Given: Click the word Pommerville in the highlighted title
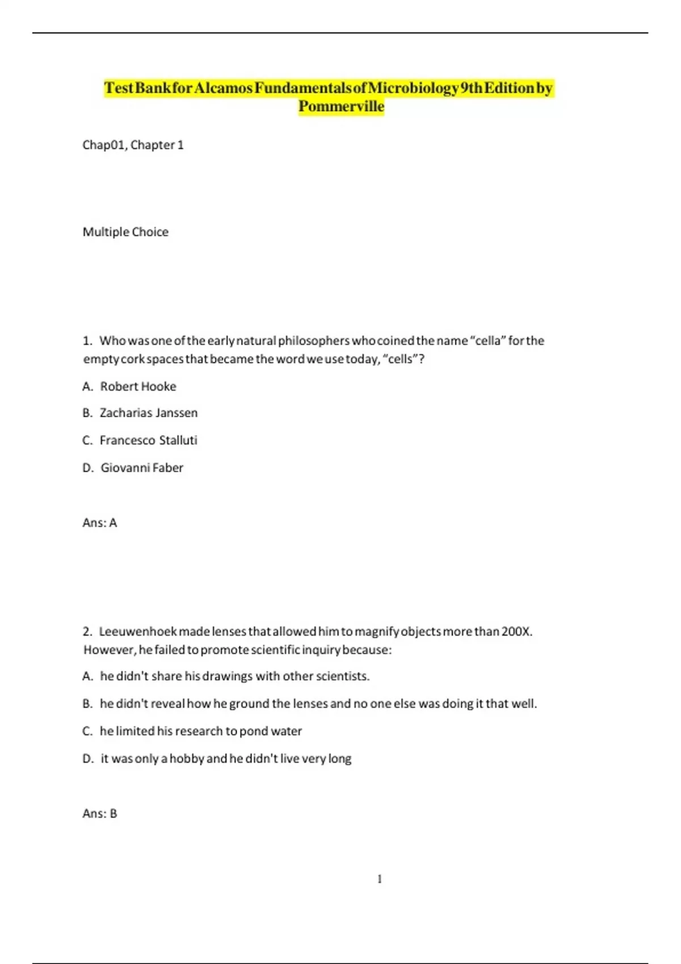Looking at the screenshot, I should (x=341, y=107).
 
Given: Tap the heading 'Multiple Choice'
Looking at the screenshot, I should (x=125, y=232).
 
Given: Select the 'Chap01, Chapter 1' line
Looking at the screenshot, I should (x=133, y=145).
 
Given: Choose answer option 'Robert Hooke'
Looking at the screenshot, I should (x=138, y=387).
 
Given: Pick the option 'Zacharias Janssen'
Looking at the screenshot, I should (x=148, y=413).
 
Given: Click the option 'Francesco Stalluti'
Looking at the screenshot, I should (x=148, y=441).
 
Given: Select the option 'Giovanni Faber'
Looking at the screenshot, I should (x=142, y=468).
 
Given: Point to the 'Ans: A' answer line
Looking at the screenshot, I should (x=99, y=523).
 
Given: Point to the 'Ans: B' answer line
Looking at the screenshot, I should (x=99, y=814).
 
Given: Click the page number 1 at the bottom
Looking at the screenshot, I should (x=380, y=880).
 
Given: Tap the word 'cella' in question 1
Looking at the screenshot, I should (x=487, y=341).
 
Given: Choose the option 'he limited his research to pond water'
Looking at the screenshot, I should (x=200, y=732).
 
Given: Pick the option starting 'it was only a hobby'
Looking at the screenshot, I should (x=226, y=759).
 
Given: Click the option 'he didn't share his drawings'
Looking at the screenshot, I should (x=234, y=677).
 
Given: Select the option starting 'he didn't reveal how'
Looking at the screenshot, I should (x=318, y=704).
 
